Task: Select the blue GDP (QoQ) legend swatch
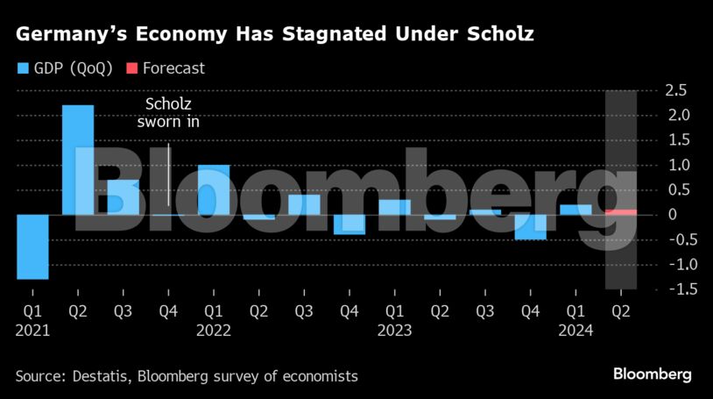[x=23, y=68]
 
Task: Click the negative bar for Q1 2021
[x=32, y=246]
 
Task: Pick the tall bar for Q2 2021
[x=78, y=160]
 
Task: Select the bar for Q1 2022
[x=214, y=189]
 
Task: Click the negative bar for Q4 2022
[x=349, y=224]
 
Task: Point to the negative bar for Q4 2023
[x=531, y=227]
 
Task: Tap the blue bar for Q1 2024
[x=575, y=210]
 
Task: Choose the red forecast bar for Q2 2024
[x=621, y=212]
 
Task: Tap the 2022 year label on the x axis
[x=214, y=331]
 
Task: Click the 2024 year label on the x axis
[x=575, y=331]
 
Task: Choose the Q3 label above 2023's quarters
[x=485, y=311]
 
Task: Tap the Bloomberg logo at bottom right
[x=652, y=374]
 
